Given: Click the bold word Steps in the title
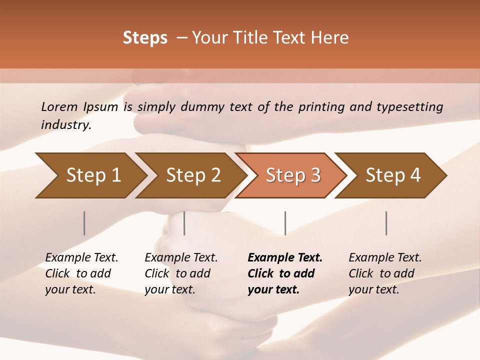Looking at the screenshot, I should click(145, 38).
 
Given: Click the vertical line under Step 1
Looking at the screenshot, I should click(84, 223).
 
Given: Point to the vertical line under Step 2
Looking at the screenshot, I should click(184, 223).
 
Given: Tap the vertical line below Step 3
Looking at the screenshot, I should click(285, 223).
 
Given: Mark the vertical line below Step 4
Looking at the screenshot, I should click(386, 223).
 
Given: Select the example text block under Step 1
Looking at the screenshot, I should click(81, 273).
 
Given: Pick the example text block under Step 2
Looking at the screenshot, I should click(181, 273).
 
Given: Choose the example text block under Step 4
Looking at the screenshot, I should click(385, 273).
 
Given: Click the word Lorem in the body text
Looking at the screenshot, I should click(59, 106).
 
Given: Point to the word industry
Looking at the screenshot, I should click(66, 125).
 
